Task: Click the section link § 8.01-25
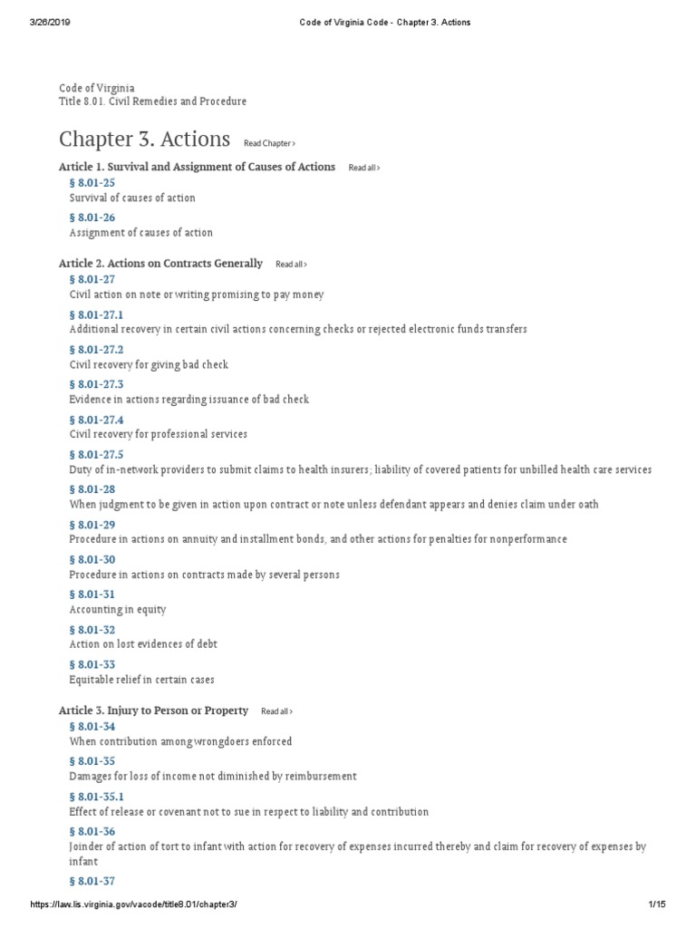coord(92,183)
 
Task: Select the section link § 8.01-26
coord(92,217)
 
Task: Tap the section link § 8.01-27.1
coord(96,314)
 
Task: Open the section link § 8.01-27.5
coord(96,454)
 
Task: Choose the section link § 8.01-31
coord(92,594)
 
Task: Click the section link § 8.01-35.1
coord(96,797)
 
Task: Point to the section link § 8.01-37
coord(92,881)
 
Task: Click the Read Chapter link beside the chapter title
coord(269,143)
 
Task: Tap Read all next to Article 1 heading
coord(363,168)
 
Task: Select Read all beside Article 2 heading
coord(291,265)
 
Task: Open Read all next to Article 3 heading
coord(276,711)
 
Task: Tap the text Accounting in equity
coord(118,610)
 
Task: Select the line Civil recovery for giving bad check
coord(149,364)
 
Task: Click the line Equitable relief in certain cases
coord(141,680)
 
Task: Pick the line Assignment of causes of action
coord(140,233)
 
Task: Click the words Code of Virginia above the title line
coord(97,88)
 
